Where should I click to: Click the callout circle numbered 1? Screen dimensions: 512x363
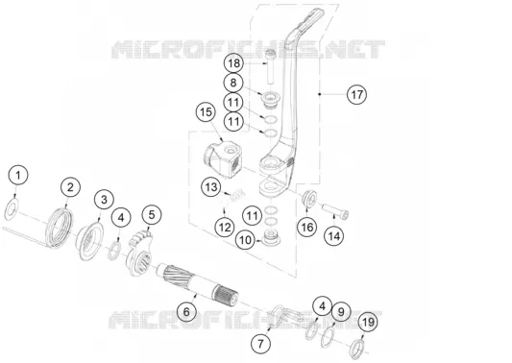(18, 176)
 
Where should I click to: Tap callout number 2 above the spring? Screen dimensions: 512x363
(70, 187)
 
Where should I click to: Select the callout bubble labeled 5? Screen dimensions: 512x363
(152, 215)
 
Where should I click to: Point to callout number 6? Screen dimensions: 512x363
(186, 312)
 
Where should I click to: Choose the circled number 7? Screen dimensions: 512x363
(260, 344)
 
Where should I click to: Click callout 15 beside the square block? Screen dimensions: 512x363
(206, 112)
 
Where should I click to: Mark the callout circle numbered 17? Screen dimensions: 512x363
(357, 95)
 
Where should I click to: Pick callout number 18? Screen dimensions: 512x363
(233, 63)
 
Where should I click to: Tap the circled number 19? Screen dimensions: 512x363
(368, 323)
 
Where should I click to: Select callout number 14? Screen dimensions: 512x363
(334, 236)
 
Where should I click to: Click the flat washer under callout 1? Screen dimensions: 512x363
(12, 209)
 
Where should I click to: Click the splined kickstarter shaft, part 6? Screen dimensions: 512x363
(197, 284)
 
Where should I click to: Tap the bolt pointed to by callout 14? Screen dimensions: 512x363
(335, 211)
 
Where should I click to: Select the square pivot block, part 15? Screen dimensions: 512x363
(222, 159)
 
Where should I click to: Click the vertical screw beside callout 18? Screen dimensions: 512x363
(269, 66)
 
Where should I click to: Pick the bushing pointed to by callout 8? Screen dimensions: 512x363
(269, 100)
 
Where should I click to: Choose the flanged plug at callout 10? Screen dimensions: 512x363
(271, 237)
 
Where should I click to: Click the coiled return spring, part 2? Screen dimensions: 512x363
(60, 228)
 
